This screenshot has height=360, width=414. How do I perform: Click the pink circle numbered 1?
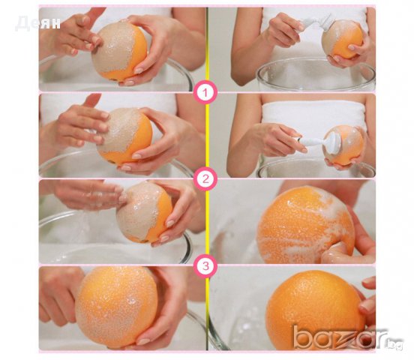205,93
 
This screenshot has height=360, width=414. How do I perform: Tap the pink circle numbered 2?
205,179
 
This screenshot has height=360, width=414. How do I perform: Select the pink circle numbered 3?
205,266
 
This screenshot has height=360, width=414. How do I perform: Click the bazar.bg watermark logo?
348,338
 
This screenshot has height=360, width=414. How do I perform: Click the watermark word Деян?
37,23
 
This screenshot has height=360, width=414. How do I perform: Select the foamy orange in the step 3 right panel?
306,224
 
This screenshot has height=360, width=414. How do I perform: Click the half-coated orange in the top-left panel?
119,51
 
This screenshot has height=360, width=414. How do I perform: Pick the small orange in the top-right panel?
342,39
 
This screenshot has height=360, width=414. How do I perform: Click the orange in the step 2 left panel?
124,136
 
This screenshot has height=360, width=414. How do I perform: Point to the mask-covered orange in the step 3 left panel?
144,212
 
